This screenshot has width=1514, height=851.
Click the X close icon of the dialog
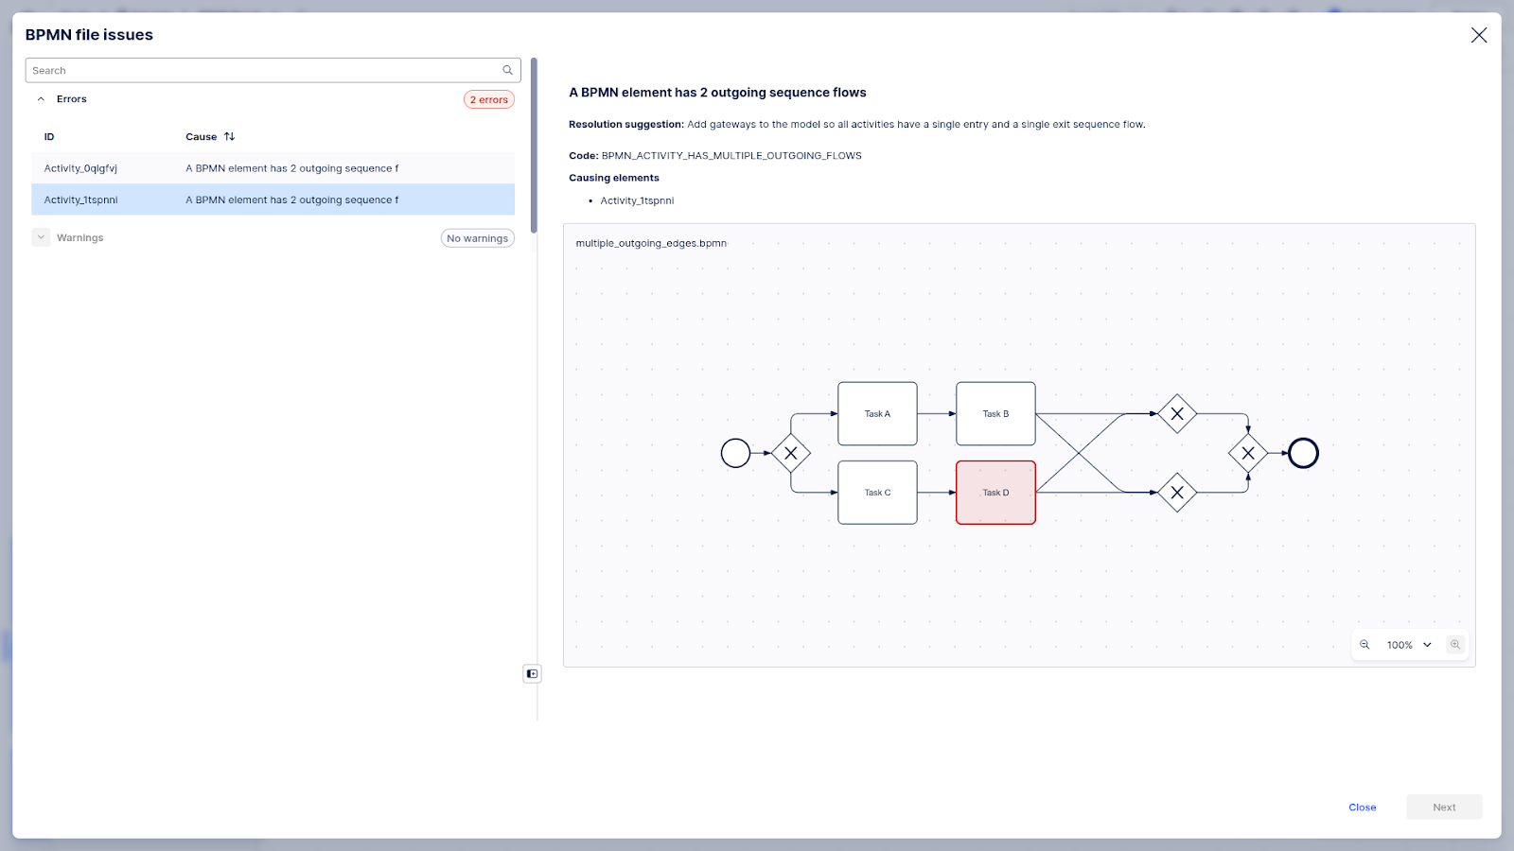point(1479,35)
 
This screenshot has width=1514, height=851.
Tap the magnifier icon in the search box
point(508,70)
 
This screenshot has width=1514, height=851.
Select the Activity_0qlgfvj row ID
point(81,168)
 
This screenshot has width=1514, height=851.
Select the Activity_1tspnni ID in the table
point(81,200)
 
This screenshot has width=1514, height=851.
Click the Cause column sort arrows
point(229,137)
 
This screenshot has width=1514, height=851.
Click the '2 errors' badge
point(489,99)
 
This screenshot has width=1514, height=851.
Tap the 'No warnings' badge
point(478,238)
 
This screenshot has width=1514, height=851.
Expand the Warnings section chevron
point(41,237)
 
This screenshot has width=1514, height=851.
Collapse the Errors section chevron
point(41,99)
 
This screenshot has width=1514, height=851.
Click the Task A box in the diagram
point(877,414)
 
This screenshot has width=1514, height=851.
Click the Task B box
point(995,414)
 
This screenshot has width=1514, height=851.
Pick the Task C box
point(877,493)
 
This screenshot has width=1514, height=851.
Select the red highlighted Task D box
point(995,493)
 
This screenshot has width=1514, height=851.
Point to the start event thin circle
point(735,454)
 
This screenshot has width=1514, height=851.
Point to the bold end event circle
point(1303,454)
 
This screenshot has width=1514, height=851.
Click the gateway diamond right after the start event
point(791,454)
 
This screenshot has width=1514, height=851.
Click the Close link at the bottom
point(1362,808)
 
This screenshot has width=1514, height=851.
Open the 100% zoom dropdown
point(1409,645)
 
